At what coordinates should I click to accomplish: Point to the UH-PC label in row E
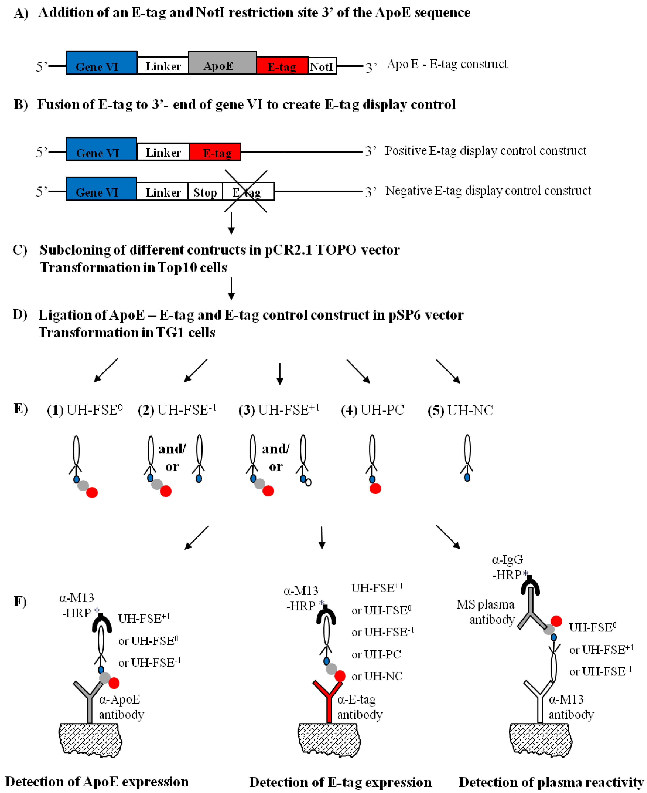(373, 410)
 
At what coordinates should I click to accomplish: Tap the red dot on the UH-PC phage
(375, 489)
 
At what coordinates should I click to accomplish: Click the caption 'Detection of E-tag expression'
(340, 782)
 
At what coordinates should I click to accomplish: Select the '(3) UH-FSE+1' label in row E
(279, 410)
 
